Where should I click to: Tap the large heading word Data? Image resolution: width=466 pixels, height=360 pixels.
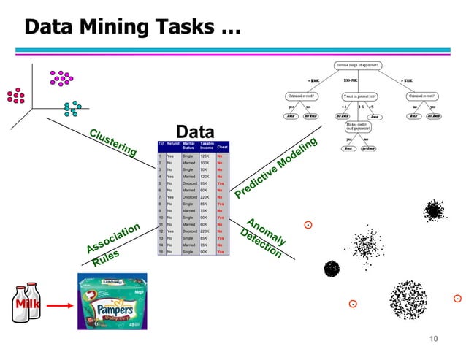pyautogui.click(x=195, y=132)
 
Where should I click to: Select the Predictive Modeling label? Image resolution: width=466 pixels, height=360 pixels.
pyautogui.click(x=275, y=168)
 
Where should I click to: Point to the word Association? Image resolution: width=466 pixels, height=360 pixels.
pyautogui.click(x=112, y=239)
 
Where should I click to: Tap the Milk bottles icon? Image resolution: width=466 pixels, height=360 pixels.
pyautogui.click(x=25, y=300)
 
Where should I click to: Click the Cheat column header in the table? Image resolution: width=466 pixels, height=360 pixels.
pyautogui.click(x=222, y=148)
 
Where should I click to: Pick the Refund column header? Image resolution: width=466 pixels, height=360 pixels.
pyautogui.click(x=172, y=145)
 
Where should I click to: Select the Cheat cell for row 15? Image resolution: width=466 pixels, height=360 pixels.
pyautogui.click(x=221, y=252)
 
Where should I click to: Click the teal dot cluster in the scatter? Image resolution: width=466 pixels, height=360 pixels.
pyautogui.click(x=72, y=108)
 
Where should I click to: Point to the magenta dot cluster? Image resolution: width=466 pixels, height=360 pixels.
pyautogui.click(x=61, y=77)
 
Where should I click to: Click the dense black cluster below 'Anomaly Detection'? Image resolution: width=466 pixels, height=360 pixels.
pyautogui.click(x=332, y=269)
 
